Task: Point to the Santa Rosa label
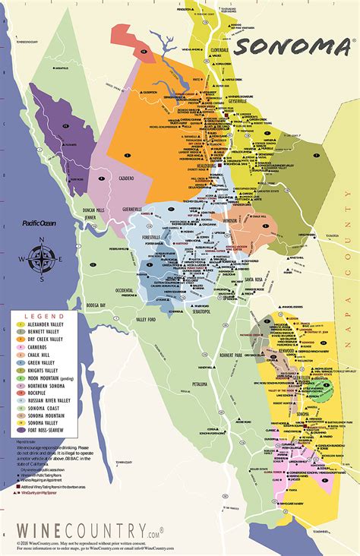254,280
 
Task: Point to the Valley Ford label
147,321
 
